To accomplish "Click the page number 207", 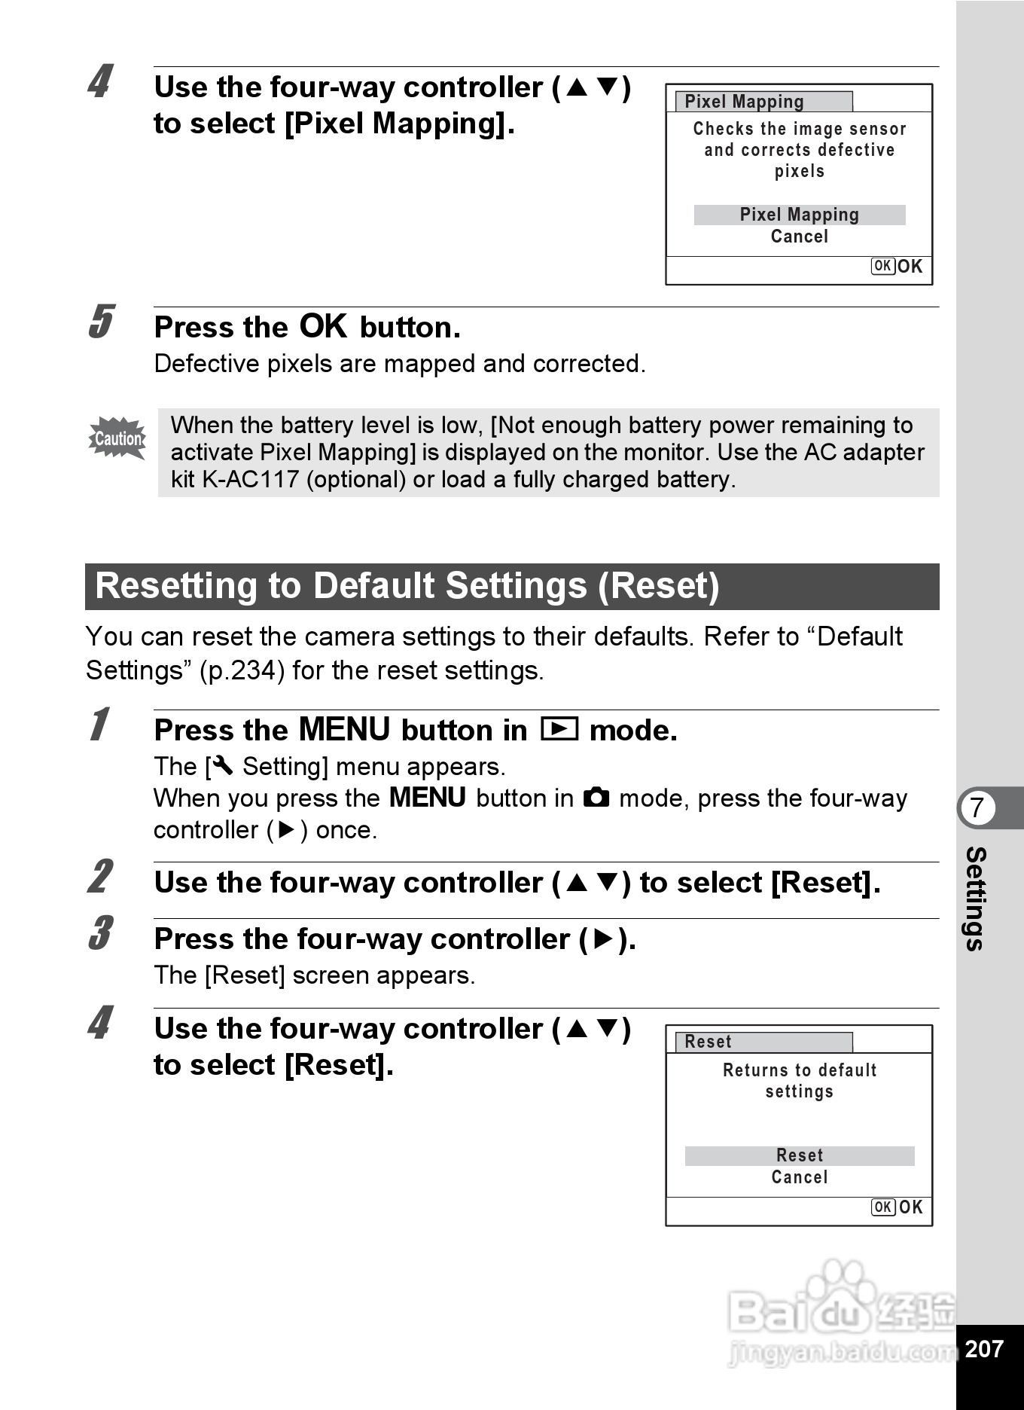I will (x=984, y=1348).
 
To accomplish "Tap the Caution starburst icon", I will (x=117, y=438).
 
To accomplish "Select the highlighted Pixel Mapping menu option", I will (x=799, y=215).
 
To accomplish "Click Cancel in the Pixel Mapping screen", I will (x=799, y=237).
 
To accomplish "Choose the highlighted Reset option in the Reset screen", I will (x=799, y=1155).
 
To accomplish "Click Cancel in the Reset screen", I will (x=799, y=1177).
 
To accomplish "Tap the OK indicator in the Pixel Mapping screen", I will (x=897, y=267).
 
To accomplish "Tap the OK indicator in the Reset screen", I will (x=897, y=1207).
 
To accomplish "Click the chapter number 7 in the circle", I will (x=977, y=807).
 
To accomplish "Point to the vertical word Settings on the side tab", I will (x=976, y=899).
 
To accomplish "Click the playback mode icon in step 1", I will (x=559, y=729).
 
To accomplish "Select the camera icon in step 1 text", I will (x=596, y=797).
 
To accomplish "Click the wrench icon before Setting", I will (x=223, y=766).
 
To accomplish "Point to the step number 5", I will (x=101, y=322).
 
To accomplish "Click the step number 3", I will (x=101, y=934).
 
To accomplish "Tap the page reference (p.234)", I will (x=242, y=670).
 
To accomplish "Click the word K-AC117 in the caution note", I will (x=251, y=479).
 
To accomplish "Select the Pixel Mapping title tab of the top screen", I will (x=763, y=102).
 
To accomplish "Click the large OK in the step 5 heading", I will (x=323, y=326).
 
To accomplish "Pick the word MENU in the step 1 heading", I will (x=344, y=729).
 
